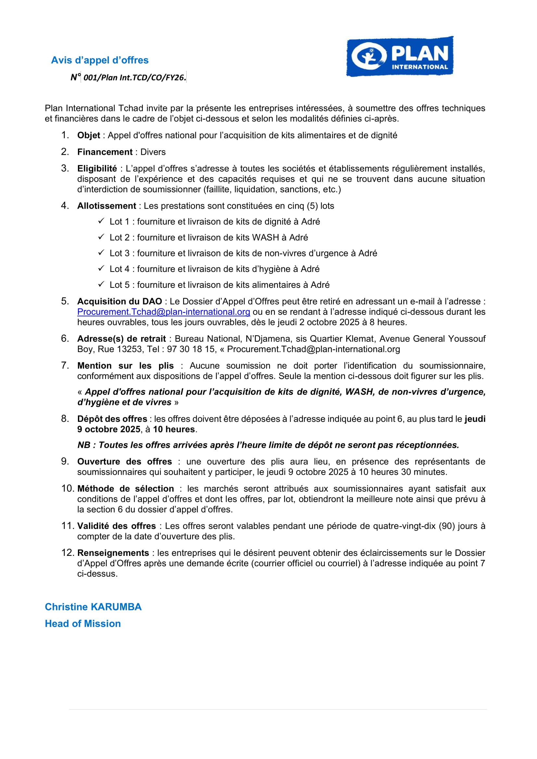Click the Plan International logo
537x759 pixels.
[x=400, y=56]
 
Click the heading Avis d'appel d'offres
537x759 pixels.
[x=100, y=60]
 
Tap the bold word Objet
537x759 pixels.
[x=89, y=135]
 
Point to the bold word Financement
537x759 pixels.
[x=105, y=152]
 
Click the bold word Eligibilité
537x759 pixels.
[x=97, y=169]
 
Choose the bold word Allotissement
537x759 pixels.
[x=106, y=206]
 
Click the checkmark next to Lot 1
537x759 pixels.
[x=101, y=221]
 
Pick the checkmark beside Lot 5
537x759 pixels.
[x=101, y=284]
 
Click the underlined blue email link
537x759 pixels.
[x=163, y=312]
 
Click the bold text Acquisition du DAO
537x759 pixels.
[x=119, y=301]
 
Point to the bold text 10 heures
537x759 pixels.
[x=174, y=429]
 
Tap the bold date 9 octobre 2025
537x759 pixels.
[x=109, y=429]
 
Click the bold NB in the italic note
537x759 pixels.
[x=84, y=445]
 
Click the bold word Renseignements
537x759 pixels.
[x=113, y=553]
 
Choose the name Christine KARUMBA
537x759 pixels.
[x=93, y=607]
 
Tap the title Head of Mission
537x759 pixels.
[x=83, y=623]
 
